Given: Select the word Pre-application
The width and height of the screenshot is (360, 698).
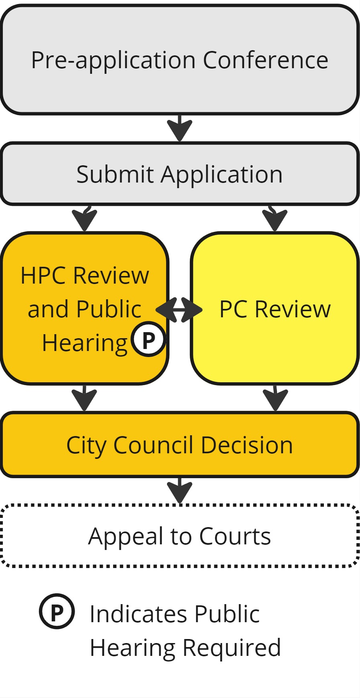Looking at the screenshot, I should coord(113,61).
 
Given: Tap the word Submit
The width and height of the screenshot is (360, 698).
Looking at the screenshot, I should coord(115,174).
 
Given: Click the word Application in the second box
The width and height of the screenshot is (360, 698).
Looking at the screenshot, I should coord(222,175).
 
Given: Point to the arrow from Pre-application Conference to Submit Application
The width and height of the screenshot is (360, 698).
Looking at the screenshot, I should coord(179,128).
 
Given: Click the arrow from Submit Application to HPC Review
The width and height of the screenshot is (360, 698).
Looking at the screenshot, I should coord(84,219).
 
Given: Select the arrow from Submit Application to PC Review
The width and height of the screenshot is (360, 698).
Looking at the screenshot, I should coord(275,219).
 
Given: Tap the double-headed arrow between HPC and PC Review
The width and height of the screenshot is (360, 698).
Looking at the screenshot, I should coord(179,310).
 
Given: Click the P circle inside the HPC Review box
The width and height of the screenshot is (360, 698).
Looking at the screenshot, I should coord(148,339).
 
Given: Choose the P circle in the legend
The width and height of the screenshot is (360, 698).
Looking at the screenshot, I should coord(57,611).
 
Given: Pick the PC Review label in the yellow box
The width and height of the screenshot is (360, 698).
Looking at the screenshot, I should coord(275,309).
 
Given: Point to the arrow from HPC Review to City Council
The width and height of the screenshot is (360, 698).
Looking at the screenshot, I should coord(84,398).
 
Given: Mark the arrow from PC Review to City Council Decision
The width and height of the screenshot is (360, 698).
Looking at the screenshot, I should coord(275,398).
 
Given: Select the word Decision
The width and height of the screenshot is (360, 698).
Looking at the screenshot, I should coord(246,445).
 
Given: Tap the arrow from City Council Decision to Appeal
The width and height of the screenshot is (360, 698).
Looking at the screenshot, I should coord(179,490).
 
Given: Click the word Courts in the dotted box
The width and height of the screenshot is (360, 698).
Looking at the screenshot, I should coord(235,536).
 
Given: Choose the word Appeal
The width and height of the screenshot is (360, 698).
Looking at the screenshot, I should coord(126,537).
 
